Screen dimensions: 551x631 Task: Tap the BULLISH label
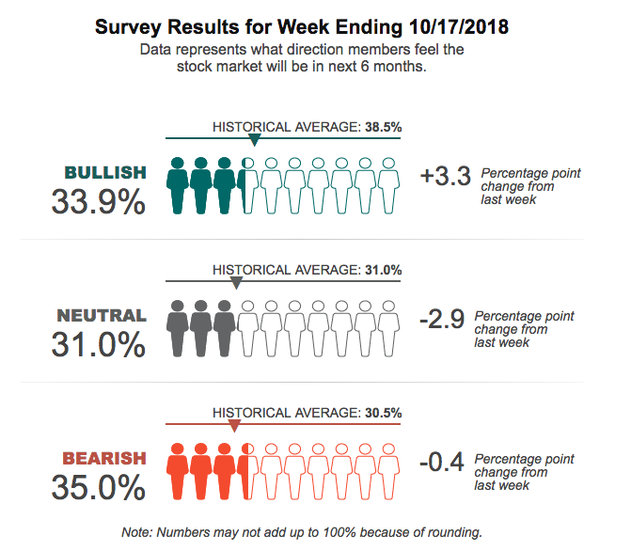(x=105, y=172)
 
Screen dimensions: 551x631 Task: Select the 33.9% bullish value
(x=99, y=201)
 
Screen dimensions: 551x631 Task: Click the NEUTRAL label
(x=102, y=316)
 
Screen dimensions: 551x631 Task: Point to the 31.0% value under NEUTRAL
(x=99, y=344)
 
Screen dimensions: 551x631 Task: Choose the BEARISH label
(x=104, y=459)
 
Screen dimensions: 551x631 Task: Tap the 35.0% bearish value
(x=99, y=487)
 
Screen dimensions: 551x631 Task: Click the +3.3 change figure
(x=446, y=176)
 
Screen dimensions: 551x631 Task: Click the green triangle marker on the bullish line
(x=254, y=140)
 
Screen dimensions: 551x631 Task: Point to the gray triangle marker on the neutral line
(x=236, y=282)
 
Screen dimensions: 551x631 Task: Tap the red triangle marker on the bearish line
(x=234, y=425)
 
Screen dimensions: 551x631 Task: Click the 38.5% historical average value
(x=383, y=126)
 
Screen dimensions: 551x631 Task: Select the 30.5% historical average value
(x=383, y=412)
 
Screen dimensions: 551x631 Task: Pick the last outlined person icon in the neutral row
(x=387, y=326)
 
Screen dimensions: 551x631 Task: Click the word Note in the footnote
(x=137, y=532)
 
